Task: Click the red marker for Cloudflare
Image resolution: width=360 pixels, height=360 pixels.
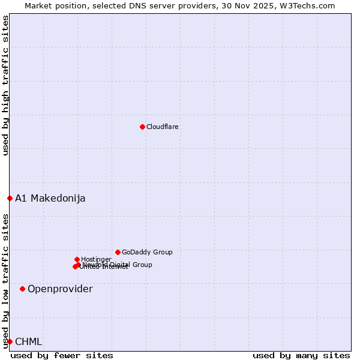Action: click(142, 127)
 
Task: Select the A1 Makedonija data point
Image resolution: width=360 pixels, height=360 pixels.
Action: click(10, 198)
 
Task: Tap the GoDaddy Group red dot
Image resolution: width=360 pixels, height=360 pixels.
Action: click(118, 252)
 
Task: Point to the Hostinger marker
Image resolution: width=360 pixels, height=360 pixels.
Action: click(77, 259)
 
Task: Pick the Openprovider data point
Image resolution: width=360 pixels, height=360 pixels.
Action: click(22, 289)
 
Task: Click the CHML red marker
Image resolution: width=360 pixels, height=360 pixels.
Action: click(10, 341)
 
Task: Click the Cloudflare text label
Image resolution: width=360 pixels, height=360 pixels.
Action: click(163, 127)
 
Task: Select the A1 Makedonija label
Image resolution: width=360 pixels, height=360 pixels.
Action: click(50, 198)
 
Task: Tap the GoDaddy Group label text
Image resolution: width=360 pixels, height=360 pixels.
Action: click(147, 252)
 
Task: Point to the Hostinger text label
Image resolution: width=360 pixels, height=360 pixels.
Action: click(96, 259)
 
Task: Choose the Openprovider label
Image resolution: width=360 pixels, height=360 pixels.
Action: click(60, 289)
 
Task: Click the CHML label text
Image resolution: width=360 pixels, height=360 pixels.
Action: click(29, 341)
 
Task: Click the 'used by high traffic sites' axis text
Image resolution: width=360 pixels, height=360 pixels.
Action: click(5, 85)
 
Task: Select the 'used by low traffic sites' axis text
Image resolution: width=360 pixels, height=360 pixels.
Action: click(5, 280)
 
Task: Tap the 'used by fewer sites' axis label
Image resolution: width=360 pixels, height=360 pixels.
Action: click(62, 355)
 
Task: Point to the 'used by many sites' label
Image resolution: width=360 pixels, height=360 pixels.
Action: click(301, 355)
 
